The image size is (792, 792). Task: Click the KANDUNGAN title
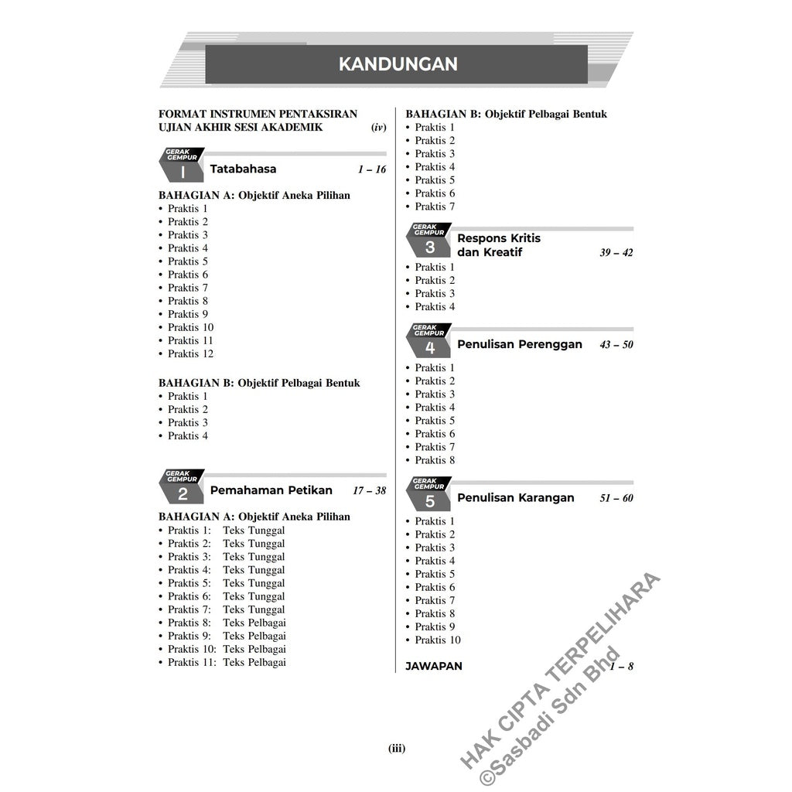398,64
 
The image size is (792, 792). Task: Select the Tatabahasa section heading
243,169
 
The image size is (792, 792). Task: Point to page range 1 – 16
371,169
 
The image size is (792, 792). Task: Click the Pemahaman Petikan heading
271,490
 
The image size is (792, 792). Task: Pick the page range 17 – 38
369,490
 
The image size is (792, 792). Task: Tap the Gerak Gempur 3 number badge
430,247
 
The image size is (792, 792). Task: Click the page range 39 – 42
616,253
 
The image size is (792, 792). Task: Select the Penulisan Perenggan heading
519,344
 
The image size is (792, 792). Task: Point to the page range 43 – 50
616,345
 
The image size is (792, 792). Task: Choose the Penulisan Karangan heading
515,497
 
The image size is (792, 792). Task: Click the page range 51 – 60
616,498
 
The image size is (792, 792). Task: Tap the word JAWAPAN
433,666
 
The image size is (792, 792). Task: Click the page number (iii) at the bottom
396,748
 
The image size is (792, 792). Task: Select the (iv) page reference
378,128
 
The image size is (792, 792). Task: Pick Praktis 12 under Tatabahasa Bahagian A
190,353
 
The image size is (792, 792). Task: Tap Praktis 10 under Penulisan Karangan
437,640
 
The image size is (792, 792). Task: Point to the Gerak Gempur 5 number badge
430,501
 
